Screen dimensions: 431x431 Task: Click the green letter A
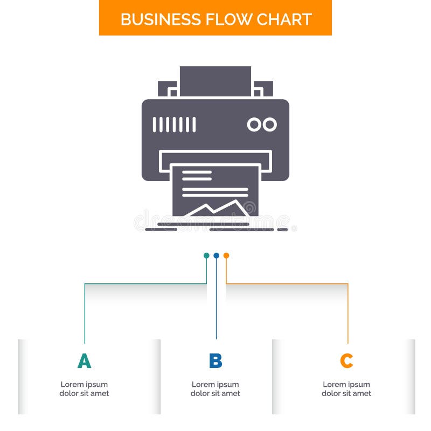coord(84,361)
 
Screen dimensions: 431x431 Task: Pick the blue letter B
coord(215,361)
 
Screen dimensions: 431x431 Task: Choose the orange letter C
coord(346,361)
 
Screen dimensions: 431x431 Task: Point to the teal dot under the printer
coord(206,255)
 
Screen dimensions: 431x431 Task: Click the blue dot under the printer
coord(216,255)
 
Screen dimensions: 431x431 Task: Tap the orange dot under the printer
coord(226,255)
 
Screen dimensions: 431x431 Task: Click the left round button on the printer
coord(254,124)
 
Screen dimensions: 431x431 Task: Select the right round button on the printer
coord(269,124)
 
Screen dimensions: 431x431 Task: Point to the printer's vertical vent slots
coord(174,124)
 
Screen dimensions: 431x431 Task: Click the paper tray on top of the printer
coord(215,81)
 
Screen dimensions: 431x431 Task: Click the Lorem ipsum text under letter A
coord(84,389)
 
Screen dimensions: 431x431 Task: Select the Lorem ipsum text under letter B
coord(215,389)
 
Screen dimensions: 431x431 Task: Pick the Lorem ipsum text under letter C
coord(346,389)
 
